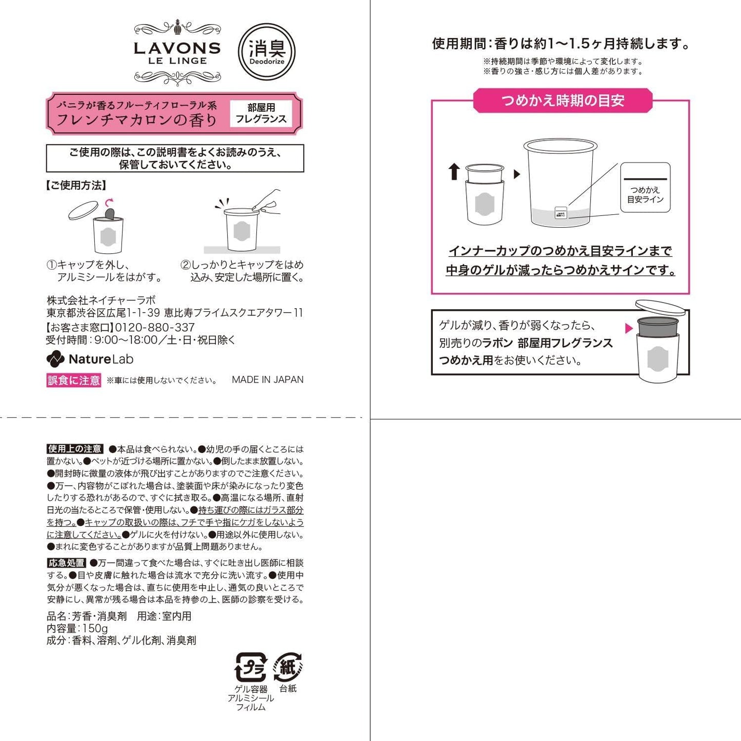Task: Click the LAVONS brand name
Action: click(177, 48)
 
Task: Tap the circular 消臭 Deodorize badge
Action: click(267, 52)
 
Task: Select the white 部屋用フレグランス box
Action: click(261, 113)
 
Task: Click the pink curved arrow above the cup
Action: click(110, 202)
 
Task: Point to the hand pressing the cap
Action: click(267, 201)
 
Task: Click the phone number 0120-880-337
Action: click(154, 327)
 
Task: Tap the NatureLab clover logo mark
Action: click(55, 359)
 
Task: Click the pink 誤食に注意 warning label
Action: click(74, 380)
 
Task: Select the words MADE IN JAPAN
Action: click(268, 379)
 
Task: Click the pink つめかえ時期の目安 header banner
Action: click(563, 101)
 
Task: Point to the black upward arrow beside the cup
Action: click(454, 171)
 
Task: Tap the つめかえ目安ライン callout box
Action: click(645, 187)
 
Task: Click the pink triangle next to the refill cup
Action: click(629, 328)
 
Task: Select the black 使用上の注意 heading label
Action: click(75, 449)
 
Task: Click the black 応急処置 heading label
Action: click(67, 563)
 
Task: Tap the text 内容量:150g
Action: click(77, 628)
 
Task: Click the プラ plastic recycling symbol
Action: click(251, 667)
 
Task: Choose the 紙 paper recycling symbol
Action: click(288, 667)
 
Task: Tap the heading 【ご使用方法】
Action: click(76, 185)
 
